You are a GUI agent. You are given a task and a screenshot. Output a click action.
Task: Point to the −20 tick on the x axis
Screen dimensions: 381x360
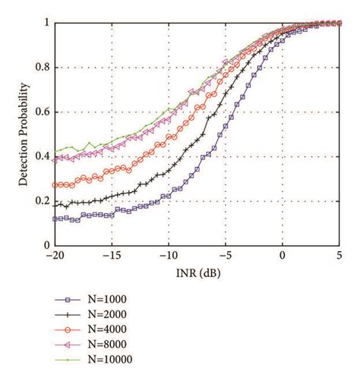click(54, 257)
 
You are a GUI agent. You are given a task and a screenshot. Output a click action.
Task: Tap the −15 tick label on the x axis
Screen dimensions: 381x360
click(111, 257)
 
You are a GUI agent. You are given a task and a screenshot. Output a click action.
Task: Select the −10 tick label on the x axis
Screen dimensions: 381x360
click(168, 257)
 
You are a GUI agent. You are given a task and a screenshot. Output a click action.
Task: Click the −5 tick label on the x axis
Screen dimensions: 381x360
click(225, 257)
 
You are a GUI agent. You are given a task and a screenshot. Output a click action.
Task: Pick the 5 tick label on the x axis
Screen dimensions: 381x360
click(339, 257)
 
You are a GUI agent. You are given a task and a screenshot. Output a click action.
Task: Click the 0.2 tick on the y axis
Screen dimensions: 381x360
click(40, 201)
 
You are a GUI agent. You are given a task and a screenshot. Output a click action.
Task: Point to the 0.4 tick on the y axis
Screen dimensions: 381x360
click(40, 156)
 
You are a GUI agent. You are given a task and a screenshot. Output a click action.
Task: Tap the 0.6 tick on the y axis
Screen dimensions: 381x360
click(40, 112)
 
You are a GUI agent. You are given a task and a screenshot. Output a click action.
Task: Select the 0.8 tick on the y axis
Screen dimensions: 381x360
click(40, 68)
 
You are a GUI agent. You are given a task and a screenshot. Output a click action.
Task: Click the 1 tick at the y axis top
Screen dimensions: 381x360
click(45, 24)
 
